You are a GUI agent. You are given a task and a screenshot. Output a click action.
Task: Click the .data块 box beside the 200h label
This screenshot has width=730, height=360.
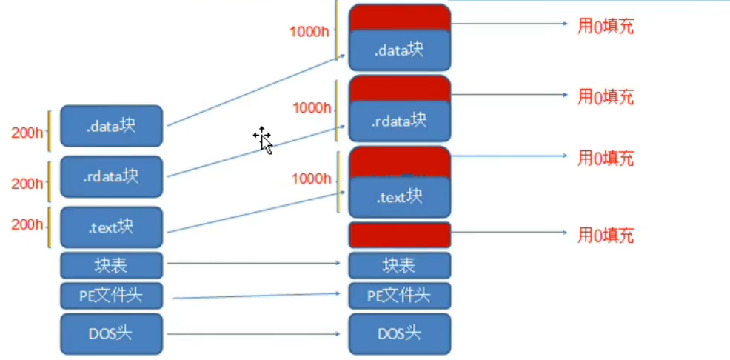point(111,126)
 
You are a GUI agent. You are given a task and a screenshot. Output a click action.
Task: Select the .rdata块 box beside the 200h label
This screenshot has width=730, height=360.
point(111,176)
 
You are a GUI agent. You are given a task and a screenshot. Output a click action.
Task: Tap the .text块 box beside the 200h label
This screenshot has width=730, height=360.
point(111,227)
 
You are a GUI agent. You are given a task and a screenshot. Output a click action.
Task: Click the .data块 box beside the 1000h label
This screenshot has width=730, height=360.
point(399,50)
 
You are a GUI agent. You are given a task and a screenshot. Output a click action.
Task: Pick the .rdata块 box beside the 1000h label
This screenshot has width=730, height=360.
point(399,120)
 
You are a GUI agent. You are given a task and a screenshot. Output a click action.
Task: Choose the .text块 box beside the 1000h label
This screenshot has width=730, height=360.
point(399,197)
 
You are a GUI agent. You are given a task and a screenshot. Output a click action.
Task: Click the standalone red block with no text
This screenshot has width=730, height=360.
point(399,235)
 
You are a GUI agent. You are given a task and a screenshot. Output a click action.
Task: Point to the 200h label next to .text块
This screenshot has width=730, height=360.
point(27,225)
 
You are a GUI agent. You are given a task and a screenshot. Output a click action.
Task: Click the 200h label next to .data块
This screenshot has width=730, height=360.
point(27,133)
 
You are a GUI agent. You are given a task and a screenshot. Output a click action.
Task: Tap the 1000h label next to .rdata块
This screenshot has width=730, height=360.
point(311,108)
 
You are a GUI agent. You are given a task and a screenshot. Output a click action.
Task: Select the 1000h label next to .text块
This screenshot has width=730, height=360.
point(311,179)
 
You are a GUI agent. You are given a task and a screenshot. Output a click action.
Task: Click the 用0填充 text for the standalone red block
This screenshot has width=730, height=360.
point(606,236)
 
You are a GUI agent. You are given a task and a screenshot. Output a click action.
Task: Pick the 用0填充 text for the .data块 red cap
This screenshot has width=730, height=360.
point(606,27)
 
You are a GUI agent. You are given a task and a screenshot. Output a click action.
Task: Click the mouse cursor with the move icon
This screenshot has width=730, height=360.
point(263,139)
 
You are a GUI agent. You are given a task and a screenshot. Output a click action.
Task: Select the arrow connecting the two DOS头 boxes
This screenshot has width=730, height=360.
point(255,334)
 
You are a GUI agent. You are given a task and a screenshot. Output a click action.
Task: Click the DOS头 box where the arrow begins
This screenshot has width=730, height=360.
point(111,334)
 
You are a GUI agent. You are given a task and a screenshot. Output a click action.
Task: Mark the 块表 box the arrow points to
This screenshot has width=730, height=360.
point(399,264)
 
